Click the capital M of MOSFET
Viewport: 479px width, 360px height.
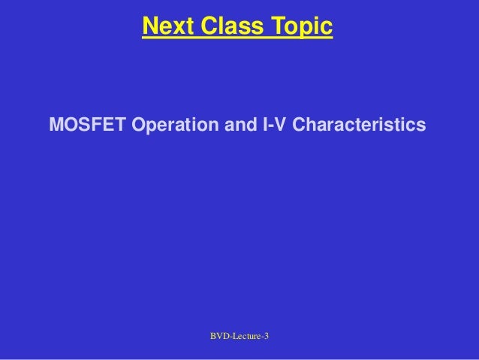[56, 123]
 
